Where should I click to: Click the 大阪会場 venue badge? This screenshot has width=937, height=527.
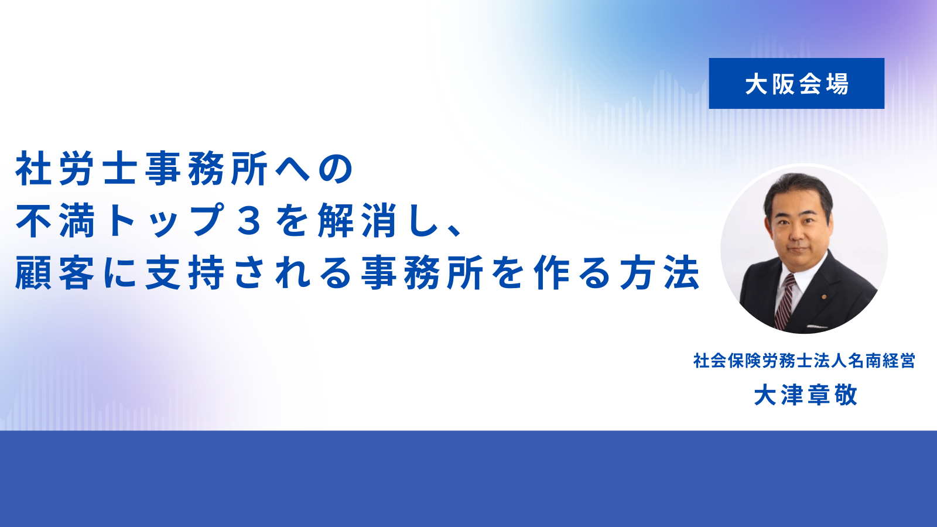pos(796,84)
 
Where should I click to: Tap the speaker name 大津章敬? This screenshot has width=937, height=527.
pos(806,395)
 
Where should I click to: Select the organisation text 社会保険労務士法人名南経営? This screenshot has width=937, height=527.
pos(805,361)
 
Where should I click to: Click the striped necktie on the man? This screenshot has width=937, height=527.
pos(784,301)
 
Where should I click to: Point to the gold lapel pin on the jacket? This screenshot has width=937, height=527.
pos(824,297)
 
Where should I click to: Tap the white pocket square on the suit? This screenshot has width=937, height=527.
pos(816,326)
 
